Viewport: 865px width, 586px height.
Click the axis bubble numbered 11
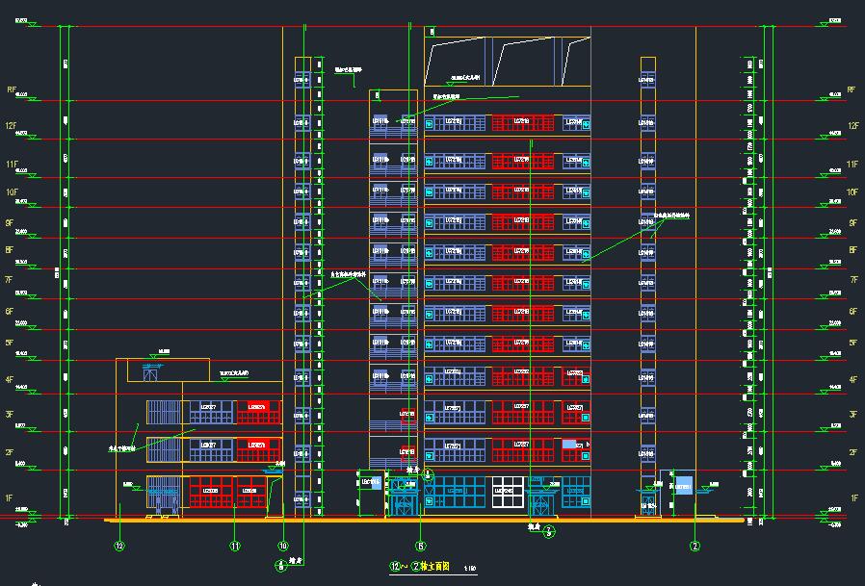point(235,547)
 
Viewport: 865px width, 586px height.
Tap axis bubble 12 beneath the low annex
point(119,547)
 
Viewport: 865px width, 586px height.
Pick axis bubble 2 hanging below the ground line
point(694,547)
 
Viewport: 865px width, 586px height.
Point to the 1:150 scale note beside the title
point(470,569)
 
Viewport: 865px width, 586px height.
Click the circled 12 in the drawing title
point(393,567)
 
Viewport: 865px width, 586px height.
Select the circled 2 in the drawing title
point(416,567)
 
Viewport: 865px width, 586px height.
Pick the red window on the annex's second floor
point(258,447)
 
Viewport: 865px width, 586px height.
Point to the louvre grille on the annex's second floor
point(161,447)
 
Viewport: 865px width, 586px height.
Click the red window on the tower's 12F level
point(523,122)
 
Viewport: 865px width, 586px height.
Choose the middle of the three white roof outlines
point(525,61)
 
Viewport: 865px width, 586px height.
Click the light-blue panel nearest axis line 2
point(684,485)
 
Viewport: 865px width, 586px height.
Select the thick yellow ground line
point(424,521)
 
